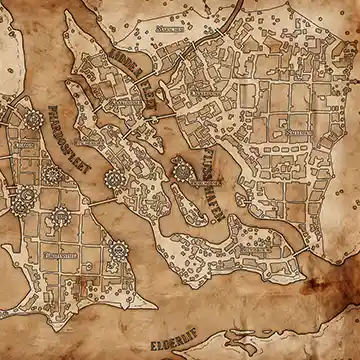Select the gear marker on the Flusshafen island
coord(182,173)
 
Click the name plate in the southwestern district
coord(61,255)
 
